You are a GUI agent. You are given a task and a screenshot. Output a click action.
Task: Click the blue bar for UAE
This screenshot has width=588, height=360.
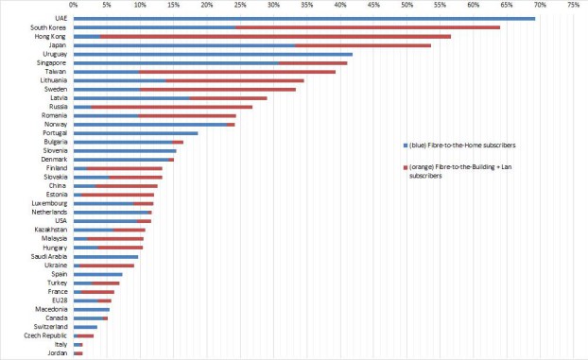click(303, 18)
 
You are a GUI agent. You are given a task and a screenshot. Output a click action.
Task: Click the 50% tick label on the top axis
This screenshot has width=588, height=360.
click(406, 6)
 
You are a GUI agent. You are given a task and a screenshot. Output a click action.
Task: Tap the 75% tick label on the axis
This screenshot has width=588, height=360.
click(573, 6)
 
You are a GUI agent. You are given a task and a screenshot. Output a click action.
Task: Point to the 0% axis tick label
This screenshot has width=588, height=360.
click(74, 6)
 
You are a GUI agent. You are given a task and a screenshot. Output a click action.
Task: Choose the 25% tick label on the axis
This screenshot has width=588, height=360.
click(240, 6)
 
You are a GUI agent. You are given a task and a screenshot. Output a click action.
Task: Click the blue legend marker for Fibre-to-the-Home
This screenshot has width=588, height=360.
click(406, 145)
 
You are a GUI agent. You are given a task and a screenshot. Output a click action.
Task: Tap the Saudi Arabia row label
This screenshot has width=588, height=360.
click(46, 256)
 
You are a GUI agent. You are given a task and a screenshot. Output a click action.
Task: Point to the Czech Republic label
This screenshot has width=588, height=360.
click(43, 335)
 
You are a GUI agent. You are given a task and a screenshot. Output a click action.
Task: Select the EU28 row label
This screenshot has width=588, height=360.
click(58, 300)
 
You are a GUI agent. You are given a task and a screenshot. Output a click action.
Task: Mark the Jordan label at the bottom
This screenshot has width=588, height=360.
click(57, 352)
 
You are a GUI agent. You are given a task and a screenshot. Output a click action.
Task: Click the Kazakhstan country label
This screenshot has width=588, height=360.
click(49, 230)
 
